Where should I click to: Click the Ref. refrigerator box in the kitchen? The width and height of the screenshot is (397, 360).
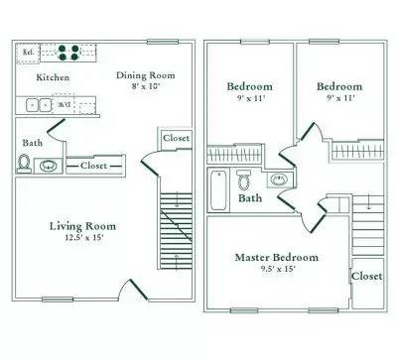(29, 52)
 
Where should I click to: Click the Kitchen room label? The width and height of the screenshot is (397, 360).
(53, 76)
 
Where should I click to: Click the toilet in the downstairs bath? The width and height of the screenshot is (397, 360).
(25, 165)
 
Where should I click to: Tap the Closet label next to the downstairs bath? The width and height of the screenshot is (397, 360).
(95, 165)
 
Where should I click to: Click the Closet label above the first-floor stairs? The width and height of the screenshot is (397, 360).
(175, 138)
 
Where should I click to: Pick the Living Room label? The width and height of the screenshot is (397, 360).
(77, 226)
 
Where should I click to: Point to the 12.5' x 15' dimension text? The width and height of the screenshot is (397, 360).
(77, 239)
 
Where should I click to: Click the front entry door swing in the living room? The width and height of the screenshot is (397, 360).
(129, 290)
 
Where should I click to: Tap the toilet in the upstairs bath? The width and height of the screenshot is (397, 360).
(243, 180)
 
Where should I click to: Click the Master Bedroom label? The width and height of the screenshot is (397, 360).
(277, 257)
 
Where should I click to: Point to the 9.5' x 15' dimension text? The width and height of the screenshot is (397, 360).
(277, 270)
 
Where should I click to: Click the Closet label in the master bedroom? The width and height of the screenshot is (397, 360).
(366, 276)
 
